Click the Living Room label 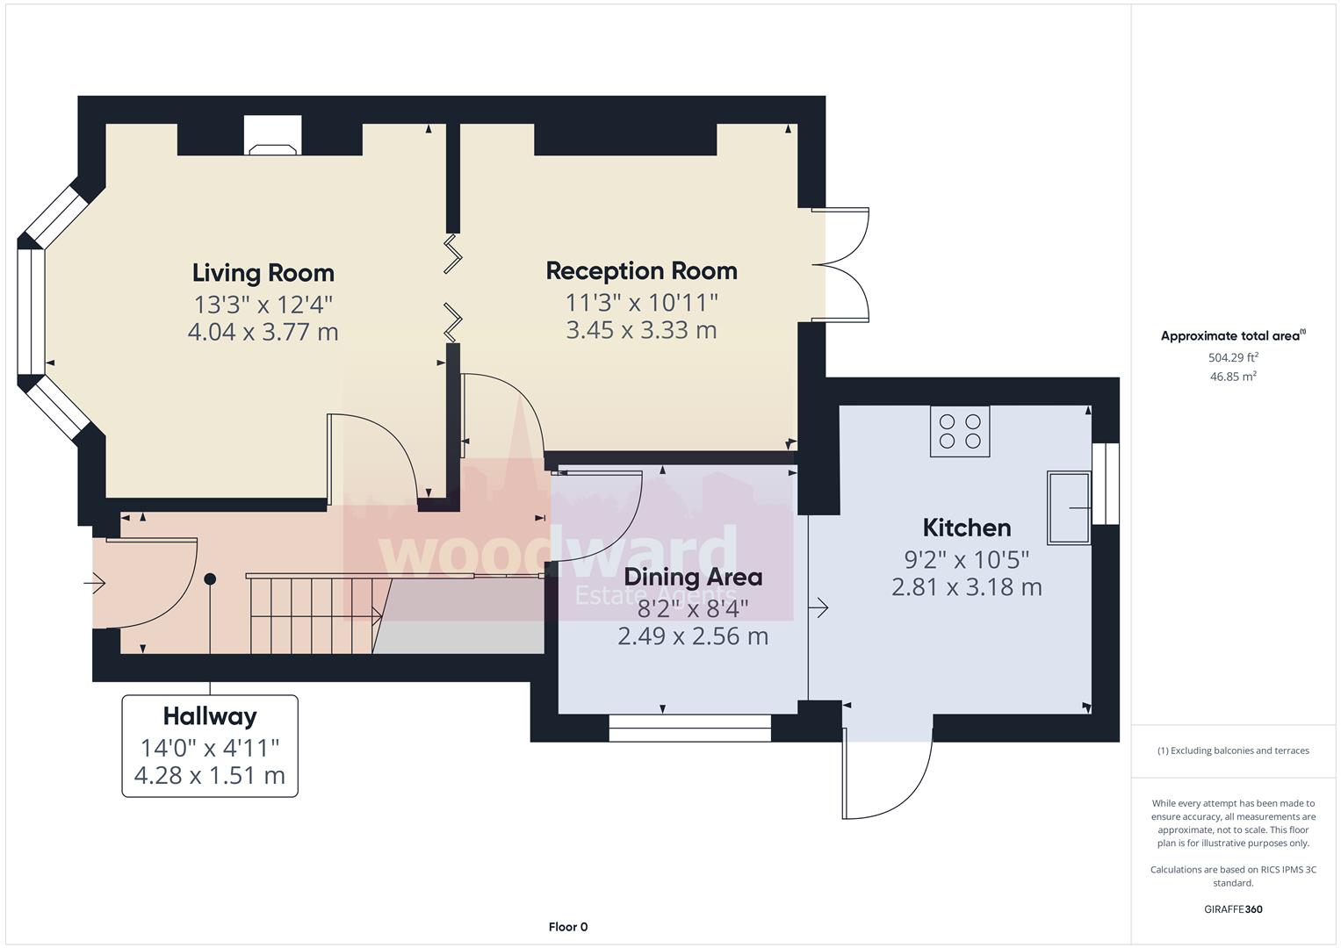pyautogui.click(x=263, y=273)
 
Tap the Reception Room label pyautogui.click(x=641, y=270)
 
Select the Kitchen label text pyautogui.click(x=966, y=528)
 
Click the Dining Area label pyautogui.click(x=693, y=577)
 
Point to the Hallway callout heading pyautogui.click(x=210, y=716)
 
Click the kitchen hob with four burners pyautogui.click(x=960, y=431)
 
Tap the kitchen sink pyautogui.click(x=1068, y=507)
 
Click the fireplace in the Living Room pyautogui.click(x=273, y=139)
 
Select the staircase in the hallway pyautogui.click(x=312, y=614)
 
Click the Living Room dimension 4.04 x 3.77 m pyautogui.click(x=263, y=332)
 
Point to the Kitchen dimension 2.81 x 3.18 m pyautogui.click(x=966, y=586)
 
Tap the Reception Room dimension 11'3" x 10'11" pyautogui.click(x=641, y=302)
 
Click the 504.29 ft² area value pyautogui.click(x=1233, y=357)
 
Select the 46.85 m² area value pyautogui.click(x=1233, y=376)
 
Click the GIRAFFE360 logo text pyautogui.click(x=1233, y=909)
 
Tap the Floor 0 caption pyautogui.click(x=567, y=927)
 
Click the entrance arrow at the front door pyautogui.click(x=95, y=582)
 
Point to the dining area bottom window pyautogui.click(x=689, y=728)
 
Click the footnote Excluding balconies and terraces pyautogui.click(x=1233, y=750)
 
